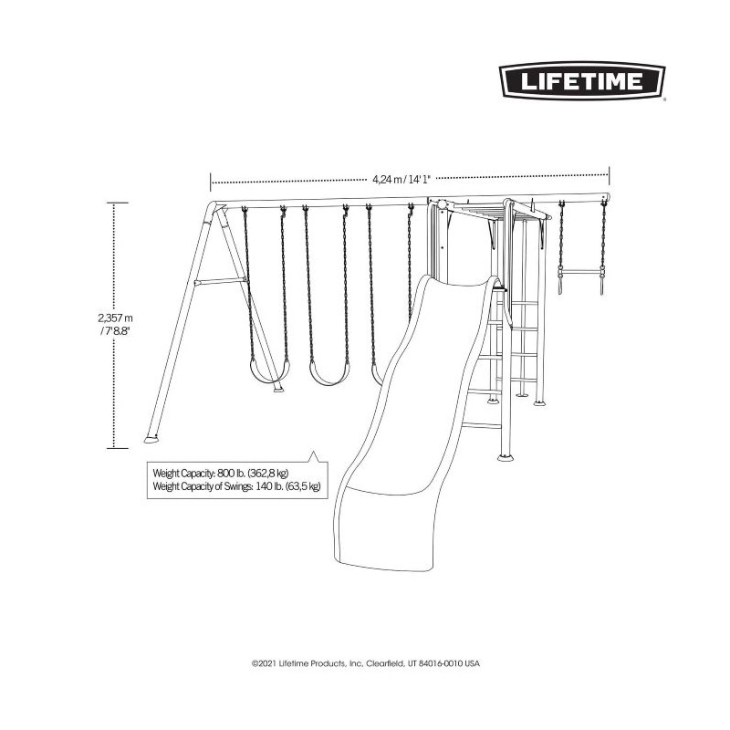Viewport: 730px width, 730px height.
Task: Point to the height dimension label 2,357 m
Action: [109, 318]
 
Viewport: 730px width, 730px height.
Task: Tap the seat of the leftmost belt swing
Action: [264, 374]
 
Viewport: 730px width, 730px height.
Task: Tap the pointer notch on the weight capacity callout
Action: [315, 458]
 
